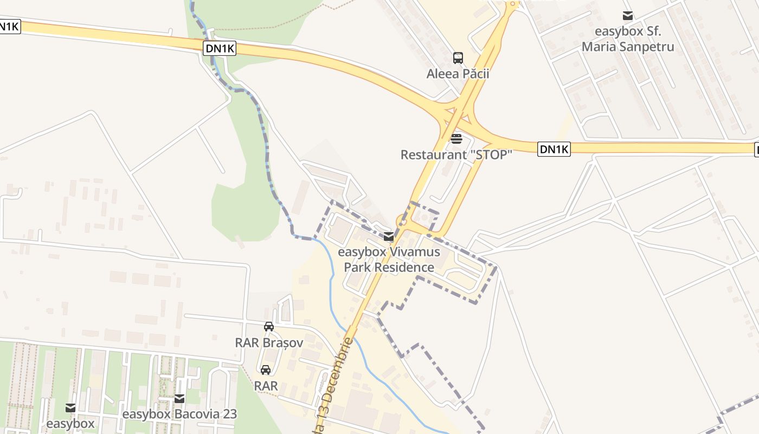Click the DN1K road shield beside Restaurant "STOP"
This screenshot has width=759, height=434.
[554, 149]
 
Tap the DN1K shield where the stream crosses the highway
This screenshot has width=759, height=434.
[220, 48]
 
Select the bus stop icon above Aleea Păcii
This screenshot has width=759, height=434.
[458, 58]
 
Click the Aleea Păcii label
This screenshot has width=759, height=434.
[458, 74]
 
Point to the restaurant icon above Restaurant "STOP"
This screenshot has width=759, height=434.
[456, 138]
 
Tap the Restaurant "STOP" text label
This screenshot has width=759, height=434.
[456, 155]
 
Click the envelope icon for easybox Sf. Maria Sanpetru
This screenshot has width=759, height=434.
[628, 16]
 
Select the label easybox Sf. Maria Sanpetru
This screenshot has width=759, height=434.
[628, 39]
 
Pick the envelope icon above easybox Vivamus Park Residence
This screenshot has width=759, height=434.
[389, 237]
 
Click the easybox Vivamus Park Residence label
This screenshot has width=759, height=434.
[389, 260]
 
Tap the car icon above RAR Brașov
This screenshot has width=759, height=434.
[268, 326]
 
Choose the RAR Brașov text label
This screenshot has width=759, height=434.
[268, 343]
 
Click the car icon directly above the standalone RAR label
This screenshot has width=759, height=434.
[266, 370]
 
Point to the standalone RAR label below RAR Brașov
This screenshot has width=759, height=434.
[266, 386]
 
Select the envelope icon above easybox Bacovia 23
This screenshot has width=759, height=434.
[179, 399]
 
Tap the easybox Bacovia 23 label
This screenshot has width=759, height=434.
[179, 414]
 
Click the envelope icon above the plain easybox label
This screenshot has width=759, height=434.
[70, 407]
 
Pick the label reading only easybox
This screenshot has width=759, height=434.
[70, 423]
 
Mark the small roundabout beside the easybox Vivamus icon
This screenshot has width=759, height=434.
[402, 220]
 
